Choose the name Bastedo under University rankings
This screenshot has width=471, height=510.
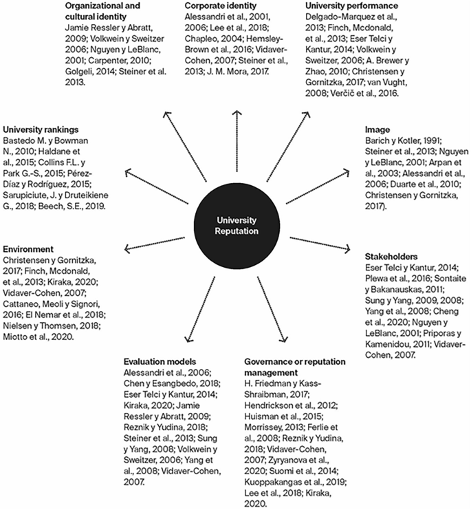click(23, 141)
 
